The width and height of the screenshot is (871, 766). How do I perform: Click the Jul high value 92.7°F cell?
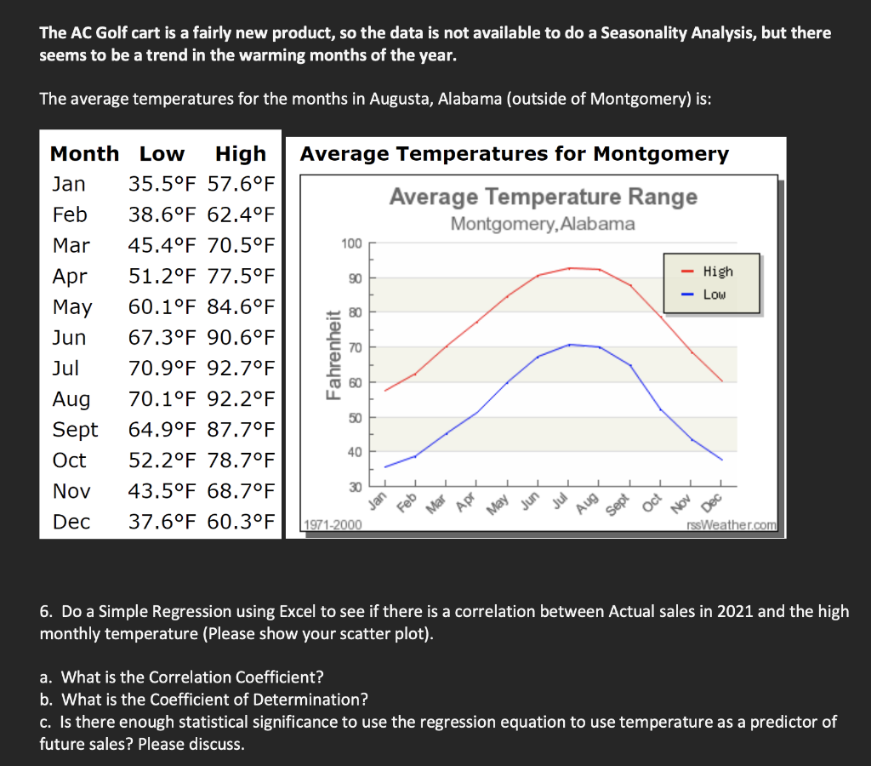(242, 369)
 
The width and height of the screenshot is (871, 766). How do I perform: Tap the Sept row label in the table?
(75, 430)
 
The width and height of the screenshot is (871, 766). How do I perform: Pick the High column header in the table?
(241, 154)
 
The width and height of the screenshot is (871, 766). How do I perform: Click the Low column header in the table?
(162, 154)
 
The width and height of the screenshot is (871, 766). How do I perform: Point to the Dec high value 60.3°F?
(242, 522)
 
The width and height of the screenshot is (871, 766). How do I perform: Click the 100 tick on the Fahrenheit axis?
(351, 243)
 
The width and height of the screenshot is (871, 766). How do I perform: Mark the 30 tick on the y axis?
(354, 486)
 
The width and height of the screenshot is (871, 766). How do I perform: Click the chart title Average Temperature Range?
(543, 197)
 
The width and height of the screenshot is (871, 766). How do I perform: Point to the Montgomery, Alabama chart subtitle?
(543, 224)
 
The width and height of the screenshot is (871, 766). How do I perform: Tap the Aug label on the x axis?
(588, 503)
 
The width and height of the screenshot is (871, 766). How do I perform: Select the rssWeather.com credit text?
(736, 525)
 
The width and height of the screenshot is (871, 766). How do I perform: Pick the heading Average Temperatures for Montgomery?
(514, 154)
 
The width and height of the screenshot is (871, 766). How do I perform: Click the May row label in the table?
(72, 307)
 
